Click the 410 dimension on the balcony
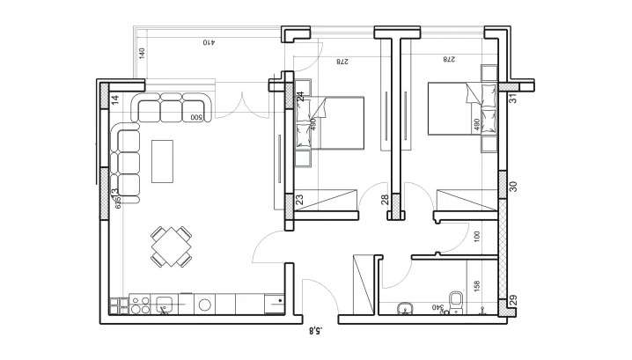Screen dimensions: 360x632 click(209, 42)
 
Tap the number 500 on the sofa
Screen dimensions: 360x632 click(196, 117)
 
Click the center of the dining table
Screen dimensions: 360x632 click(171, 246)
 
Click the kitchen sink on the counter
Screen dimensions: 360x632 click(165, 305)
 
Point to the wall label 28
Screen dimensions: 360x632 click(385, 200)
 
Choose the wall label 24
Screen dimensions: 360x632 click(299, 96)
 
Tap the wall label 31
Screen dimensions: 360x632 click(512, 98)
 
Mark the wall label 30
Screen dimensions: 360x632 click(514, 186)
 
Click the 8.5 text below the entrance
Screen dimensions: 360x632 click(317, 332)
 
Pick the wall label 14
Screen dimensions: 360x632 click(115, 99)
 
